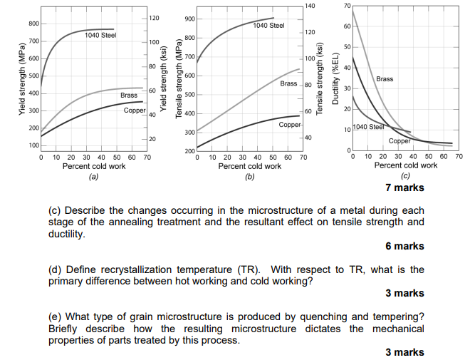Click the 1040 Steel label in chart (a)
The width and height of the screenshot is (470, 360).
[x=100, y=35]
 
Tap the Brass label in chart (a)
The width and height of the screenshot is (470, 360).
[x=129, y=95]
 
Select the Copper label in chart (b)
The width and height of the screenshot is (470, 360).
[x=290, y=125]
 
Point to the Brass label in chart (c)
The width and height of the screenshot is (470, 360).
[x=385, y=78]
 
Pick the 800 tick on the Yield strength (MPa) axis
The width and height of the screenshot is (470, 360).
[x=33, y=24]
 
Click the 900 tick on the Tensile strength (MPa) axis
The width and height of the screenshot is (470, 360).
[x=189, y=19]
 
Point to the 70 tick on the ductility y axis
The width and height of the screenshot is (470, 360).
[x=347, y=6]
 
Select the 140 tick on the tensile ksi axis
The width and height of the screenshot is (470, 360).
[x=308, y=6]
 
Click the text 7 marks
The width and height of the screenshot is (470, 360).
[x=404, y=187]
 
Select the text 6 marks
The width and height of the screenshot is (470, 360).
[x=404, y=246]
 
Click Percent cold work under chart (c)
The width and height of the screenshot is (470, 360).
[x=405, y=165]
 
